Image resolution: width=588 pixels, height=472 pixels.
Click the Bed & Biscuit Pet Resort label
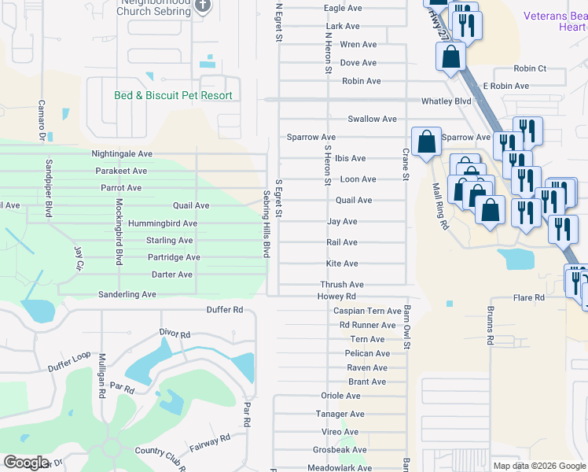coord(174,95)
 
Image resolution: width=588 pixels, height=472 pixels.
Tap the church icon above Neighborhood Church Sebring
coord(204,6)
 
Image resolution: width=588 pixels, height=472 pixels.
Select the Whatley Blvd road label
coord(446,101)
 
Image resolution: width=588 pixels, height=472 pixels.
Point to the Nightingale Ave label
coord(122,154)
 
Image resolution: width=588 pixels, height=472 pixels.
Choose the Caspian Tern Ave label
coord(368,312)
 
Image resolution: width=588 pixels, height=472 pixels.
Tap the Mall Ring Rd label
coord(439,206)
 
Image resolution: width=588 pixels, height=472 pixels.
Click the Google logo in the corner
coord(26,463)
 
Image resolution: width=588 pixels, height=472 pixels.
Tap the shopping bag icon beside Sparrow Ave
coord(426,142)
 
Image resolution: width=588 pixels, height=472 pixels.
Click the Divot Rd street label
coord(175,334)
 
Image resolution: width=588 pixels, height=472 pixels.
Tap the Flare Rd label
coord(529,298)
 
